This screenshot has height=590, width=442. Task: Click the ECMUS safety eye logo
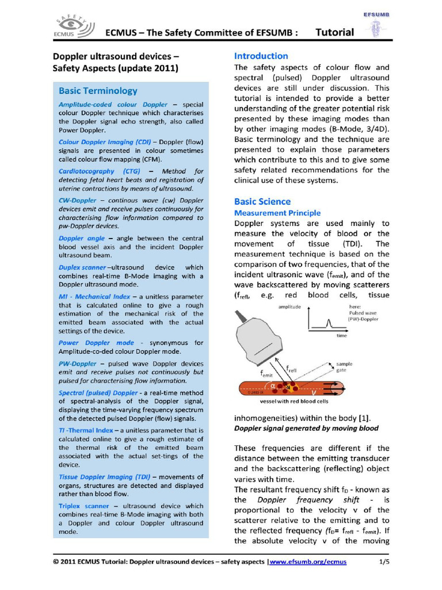pos(72,27)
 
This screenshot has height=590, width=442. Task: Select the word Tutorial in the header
pos(335,32)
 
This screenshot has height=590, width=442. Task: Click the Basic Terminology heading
pos(98,90)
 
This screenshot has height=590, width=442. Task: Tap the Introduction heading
pos(261,56)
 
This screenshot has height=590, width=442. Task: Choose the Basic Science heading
pos(262,202)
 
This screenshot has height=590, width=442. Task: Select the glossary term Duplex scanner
pos(82,267)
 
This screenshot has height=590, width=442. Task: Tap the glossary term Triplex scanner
pos(83,505)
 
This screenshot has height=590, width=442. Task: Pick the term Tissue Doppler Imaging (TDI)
pos(104,476)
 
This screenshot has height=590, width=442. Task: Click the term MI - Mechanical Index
pos(94,296)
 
